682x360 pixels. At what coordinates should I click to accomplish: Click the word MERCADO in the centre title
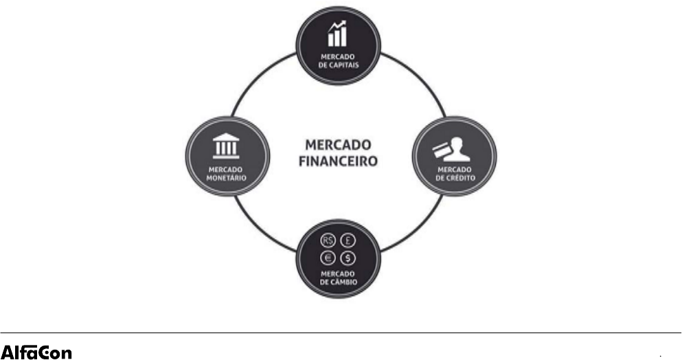[337, 145]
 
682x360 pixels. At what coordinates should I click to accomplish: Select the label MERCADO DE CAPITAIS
[337, 60]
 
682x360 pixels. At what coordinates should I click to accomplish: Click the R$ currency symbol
[328, 242]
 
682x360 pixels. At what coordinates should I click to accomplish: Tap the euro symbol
[328, 258]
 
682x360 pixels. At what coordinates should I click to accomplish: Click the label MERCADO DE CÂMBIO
[337, 278]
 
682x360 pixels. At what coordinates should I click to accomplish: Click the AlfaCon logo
[36, 352]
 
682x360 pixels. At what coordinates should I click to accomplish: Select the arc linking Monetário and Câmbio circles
[260, 230]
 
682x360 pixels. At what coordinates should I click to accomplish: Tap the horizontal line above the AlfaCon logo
[341, 333]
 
